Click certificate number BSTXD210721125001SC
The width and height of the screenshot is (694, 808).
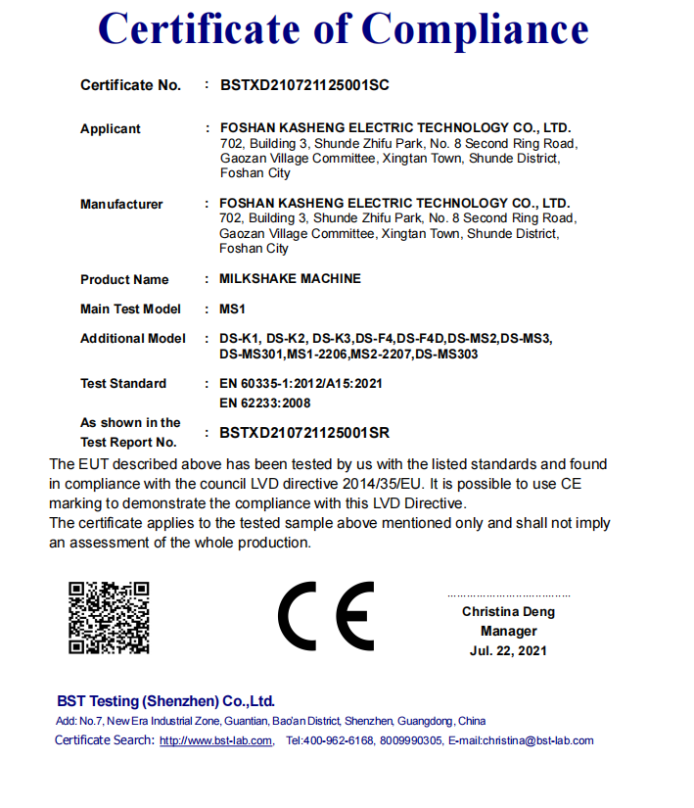pyautogui.click(x=304, y=85)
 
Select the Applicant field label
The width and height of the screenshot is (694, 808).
pyautogui.click(x=111, y=129)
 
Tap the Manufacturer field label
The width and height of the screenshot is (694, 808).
pyautogui.click(x=121, y=205)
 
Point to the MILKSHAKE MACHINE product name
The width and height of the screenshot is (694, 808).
pyautogui.click(x=290, y=279)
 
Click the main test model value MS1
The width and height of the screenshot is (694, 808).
pyautogui.click(x=232, y=309)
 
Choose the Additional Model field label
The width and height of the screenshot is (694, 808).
pyautogui.click(x=133, y=339)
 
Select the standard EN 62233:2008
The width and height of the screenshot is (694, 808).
pyautogui.click(x=265, y=403)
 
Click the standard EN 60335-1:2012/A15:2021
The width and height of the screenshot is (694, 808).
pyautogui.click(x=301, y=384)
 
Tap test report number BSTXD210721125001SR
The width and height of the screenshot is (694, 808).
pyautogui.click(x=304, y=432)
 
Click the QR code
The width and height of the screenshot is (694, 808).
pyautogui.click(x=109, y=617)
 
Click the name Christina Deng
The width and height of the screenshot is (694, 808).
pyautogui.click(x=508, y=612)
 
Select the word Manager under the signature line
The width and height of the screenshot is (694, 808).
pyautogui.click(x=508, y=632)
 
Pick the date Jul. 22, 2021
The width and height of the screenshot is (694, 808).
pyautogui.click(x=508, y=650)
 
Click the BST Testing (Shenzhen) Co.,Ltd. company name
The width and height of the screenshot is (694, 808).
pyautogui.click(x=165, y=701)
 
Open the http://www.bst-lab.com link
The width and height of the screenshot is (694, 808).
pyautogui.click(x=215, y=740)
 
